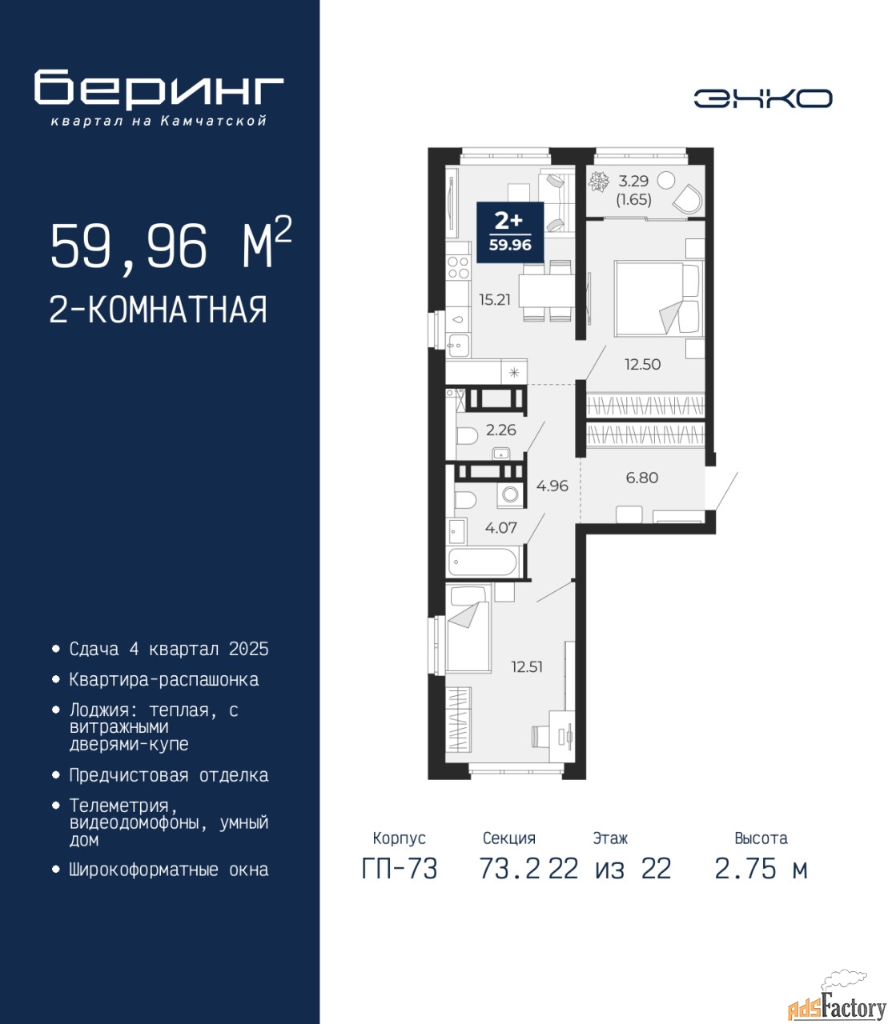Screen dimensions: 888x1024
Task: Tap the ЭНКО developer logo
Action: [762, 98]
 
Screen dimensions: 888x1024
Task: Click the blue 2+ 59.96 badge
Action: [510, 232]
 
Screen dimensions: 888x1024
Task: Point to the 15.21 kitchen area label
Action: [494, 299]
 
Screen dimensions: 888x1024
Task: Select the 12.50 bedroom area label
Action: [642, 365]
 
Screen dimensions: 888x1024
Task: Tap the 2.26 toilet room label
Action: [500, 430]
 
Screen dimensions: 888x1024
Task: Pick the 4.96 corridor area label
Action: [552, 486]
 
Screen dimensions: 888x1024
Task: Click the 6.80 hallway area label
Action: [642, 478]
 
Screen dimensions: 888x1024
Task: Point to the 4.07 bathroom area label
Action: [500, 528]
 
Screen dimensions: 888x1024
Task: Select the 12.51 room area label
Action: [527, 667]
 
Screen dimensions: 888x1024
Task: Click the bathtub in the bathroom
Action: [482, 562]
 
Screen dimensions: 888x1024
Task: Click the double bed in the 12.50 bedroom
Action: [659, 298]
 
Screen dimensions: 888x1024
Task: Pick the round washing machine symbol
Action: [510, 494]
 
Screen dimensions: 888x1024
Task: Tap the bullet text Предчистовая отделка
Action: [169, 775]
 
